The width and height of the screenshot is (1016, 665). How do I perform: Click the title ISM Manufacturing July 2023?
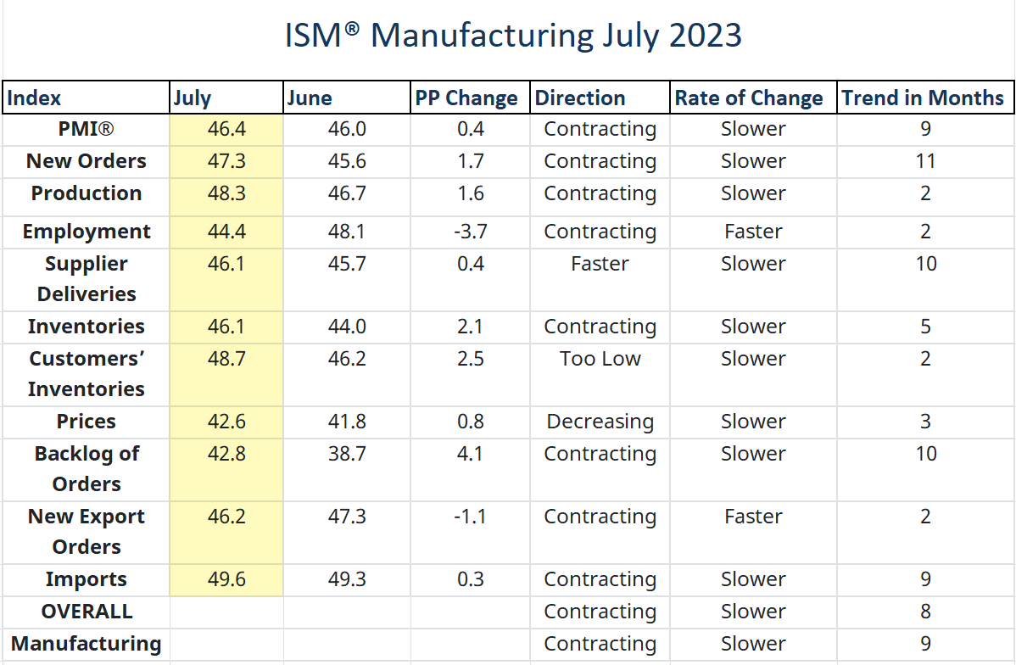512,36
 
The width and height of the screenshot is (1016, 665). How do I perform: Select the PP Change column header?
466,98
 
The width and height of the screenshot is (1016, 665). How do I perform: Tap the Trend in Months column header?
923,98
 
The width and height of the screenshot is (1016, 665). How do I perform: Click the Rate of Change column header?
748,98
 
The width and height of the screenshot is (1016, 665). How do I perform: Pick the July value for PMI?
226,129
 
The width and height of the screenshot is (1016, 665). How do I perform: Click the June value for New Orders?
347,161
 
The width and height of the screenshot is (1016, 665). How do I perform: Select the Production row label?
86,193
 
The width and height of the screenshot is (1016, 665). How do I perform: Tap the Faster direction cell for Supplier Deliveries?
600,264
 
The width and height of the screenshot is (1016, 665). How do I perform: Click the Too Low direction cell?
600,359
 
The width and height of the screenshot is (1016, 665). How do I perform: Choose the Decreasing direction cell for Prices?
600,422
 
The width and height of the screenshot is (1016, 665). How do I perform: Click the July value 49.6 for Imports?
226,579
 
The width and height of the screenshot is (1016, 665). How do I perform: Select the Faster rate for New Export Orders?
753,517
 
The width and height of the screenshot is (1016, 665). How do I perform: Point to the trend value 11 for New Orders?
925,161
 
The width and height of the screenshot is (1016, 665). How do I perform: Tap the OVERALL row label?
86,612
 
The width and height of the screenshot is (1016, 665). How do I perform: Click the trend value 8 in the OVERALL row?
925,612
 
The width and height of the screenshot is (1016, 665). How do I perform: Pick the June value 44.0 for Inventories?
347,327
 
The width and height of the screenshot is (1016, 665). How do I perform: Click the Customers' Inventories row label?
86,374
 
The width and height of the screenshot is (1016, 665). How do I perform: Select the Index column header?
34,98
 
